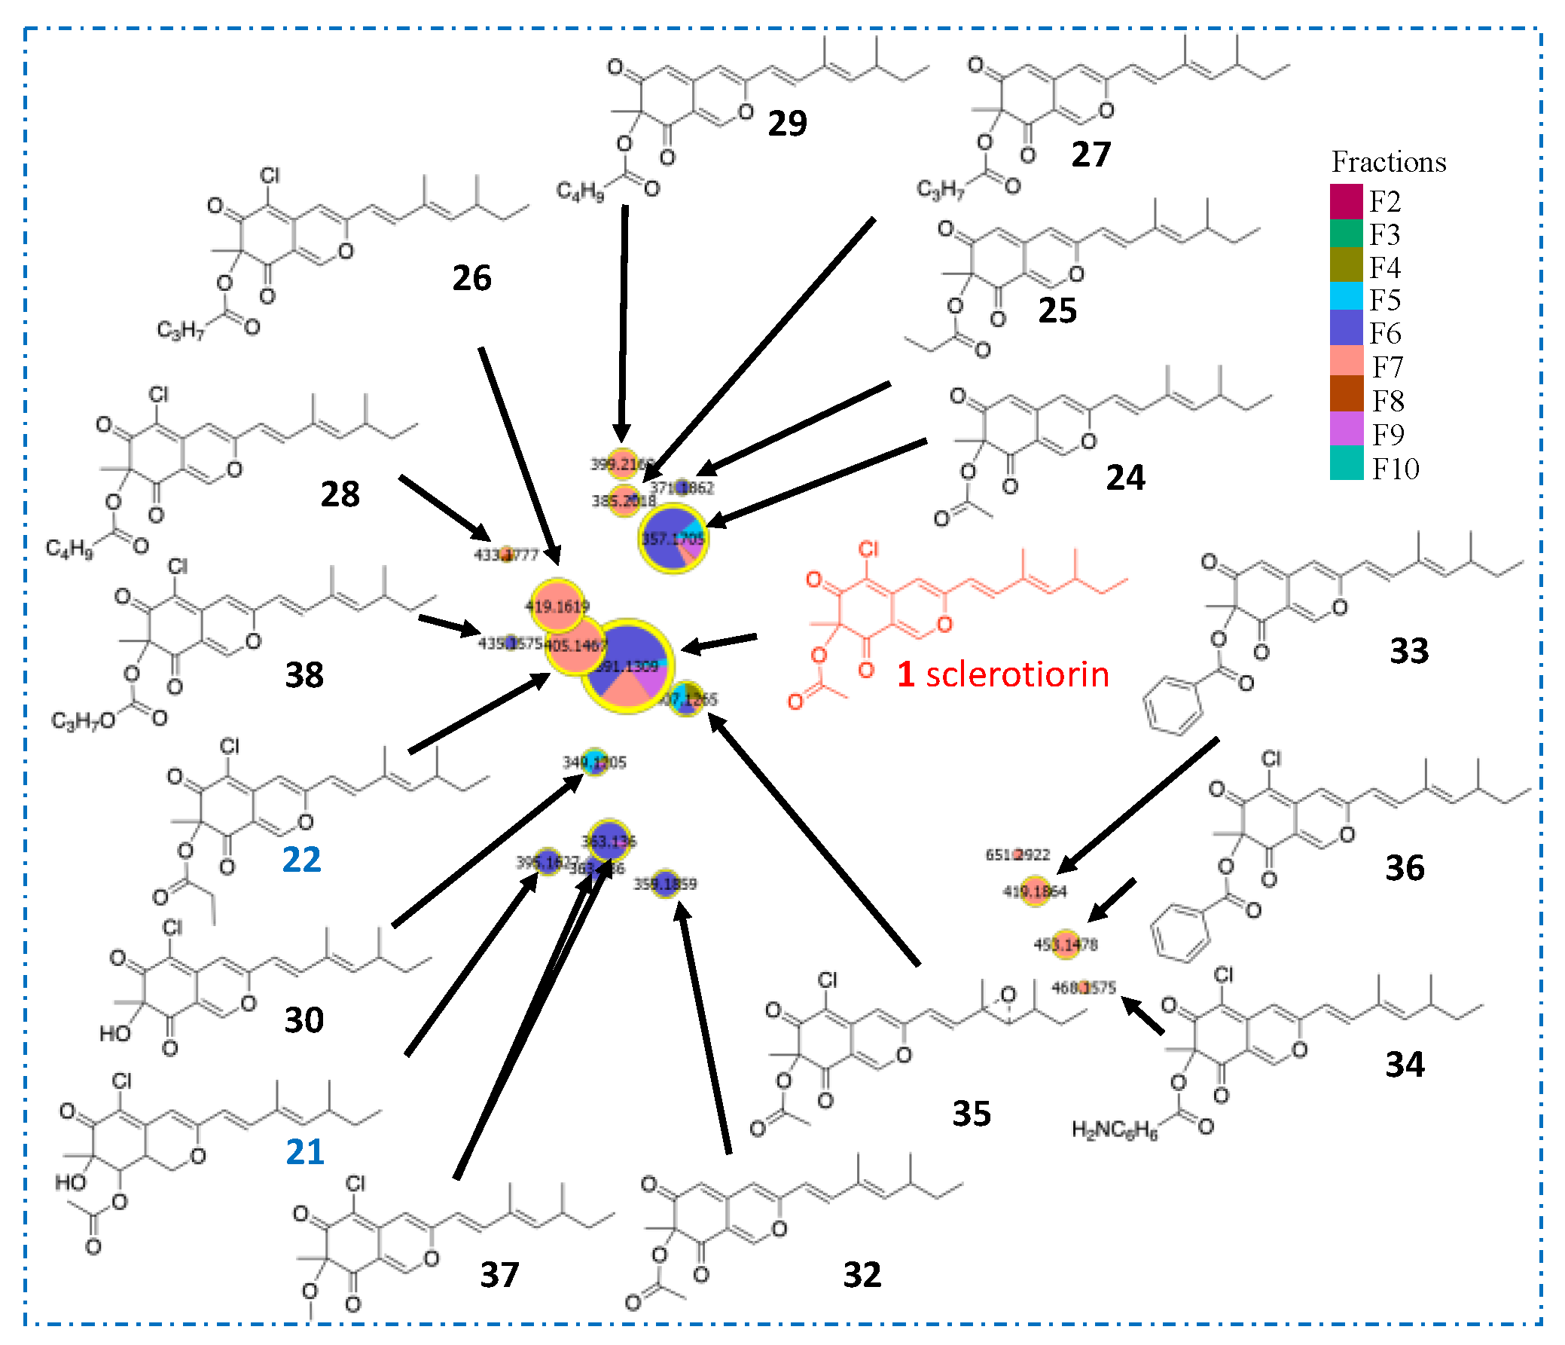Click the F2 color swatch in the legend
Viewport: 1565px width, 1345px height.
tap(1346, 201)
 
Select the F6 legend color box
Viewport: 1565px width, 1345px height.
tap(1346, 333)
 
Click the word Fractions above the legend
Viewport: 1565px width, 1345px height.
tap(1388, 163)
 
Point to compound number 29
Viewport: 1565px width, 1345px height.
tap(787, 123)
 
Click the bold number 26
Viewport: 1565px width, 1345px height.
tap(471, 278)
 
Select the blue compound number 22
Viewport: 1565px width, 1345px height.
tap(301, 859)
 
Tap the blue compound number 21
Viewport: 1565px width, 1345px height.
tap(304, 1151)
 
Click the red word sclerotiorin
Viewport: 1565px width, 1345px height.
tap(1017, 674)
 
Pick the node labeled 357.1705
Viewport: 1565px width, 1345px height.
tap(673, 538)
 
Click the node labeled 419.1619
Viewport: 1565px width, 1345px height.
tap(557, 605)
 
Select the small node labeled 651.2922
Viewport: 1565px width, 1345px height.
tap(1017, 854)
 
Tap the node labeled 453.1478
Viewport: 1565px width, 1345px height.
tap(1065, 944)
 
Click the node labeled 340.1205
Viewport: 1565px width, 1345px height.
tap(594, 762)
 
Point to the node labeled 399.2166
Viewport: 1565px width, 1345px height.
tap(622, 463)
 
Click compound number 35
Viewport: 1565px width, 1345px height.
tap(971, 1113)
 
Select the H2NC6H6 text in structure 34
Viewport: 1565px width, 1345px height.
tap(1114, 1129)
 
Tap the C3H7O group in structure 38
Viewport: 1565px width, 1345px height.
tap(83, 721)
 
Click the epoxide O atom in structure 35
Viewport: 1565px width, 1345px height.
tap(1008, 995)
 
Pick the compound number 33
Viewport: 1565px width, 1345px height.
tap(1408, 650)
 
